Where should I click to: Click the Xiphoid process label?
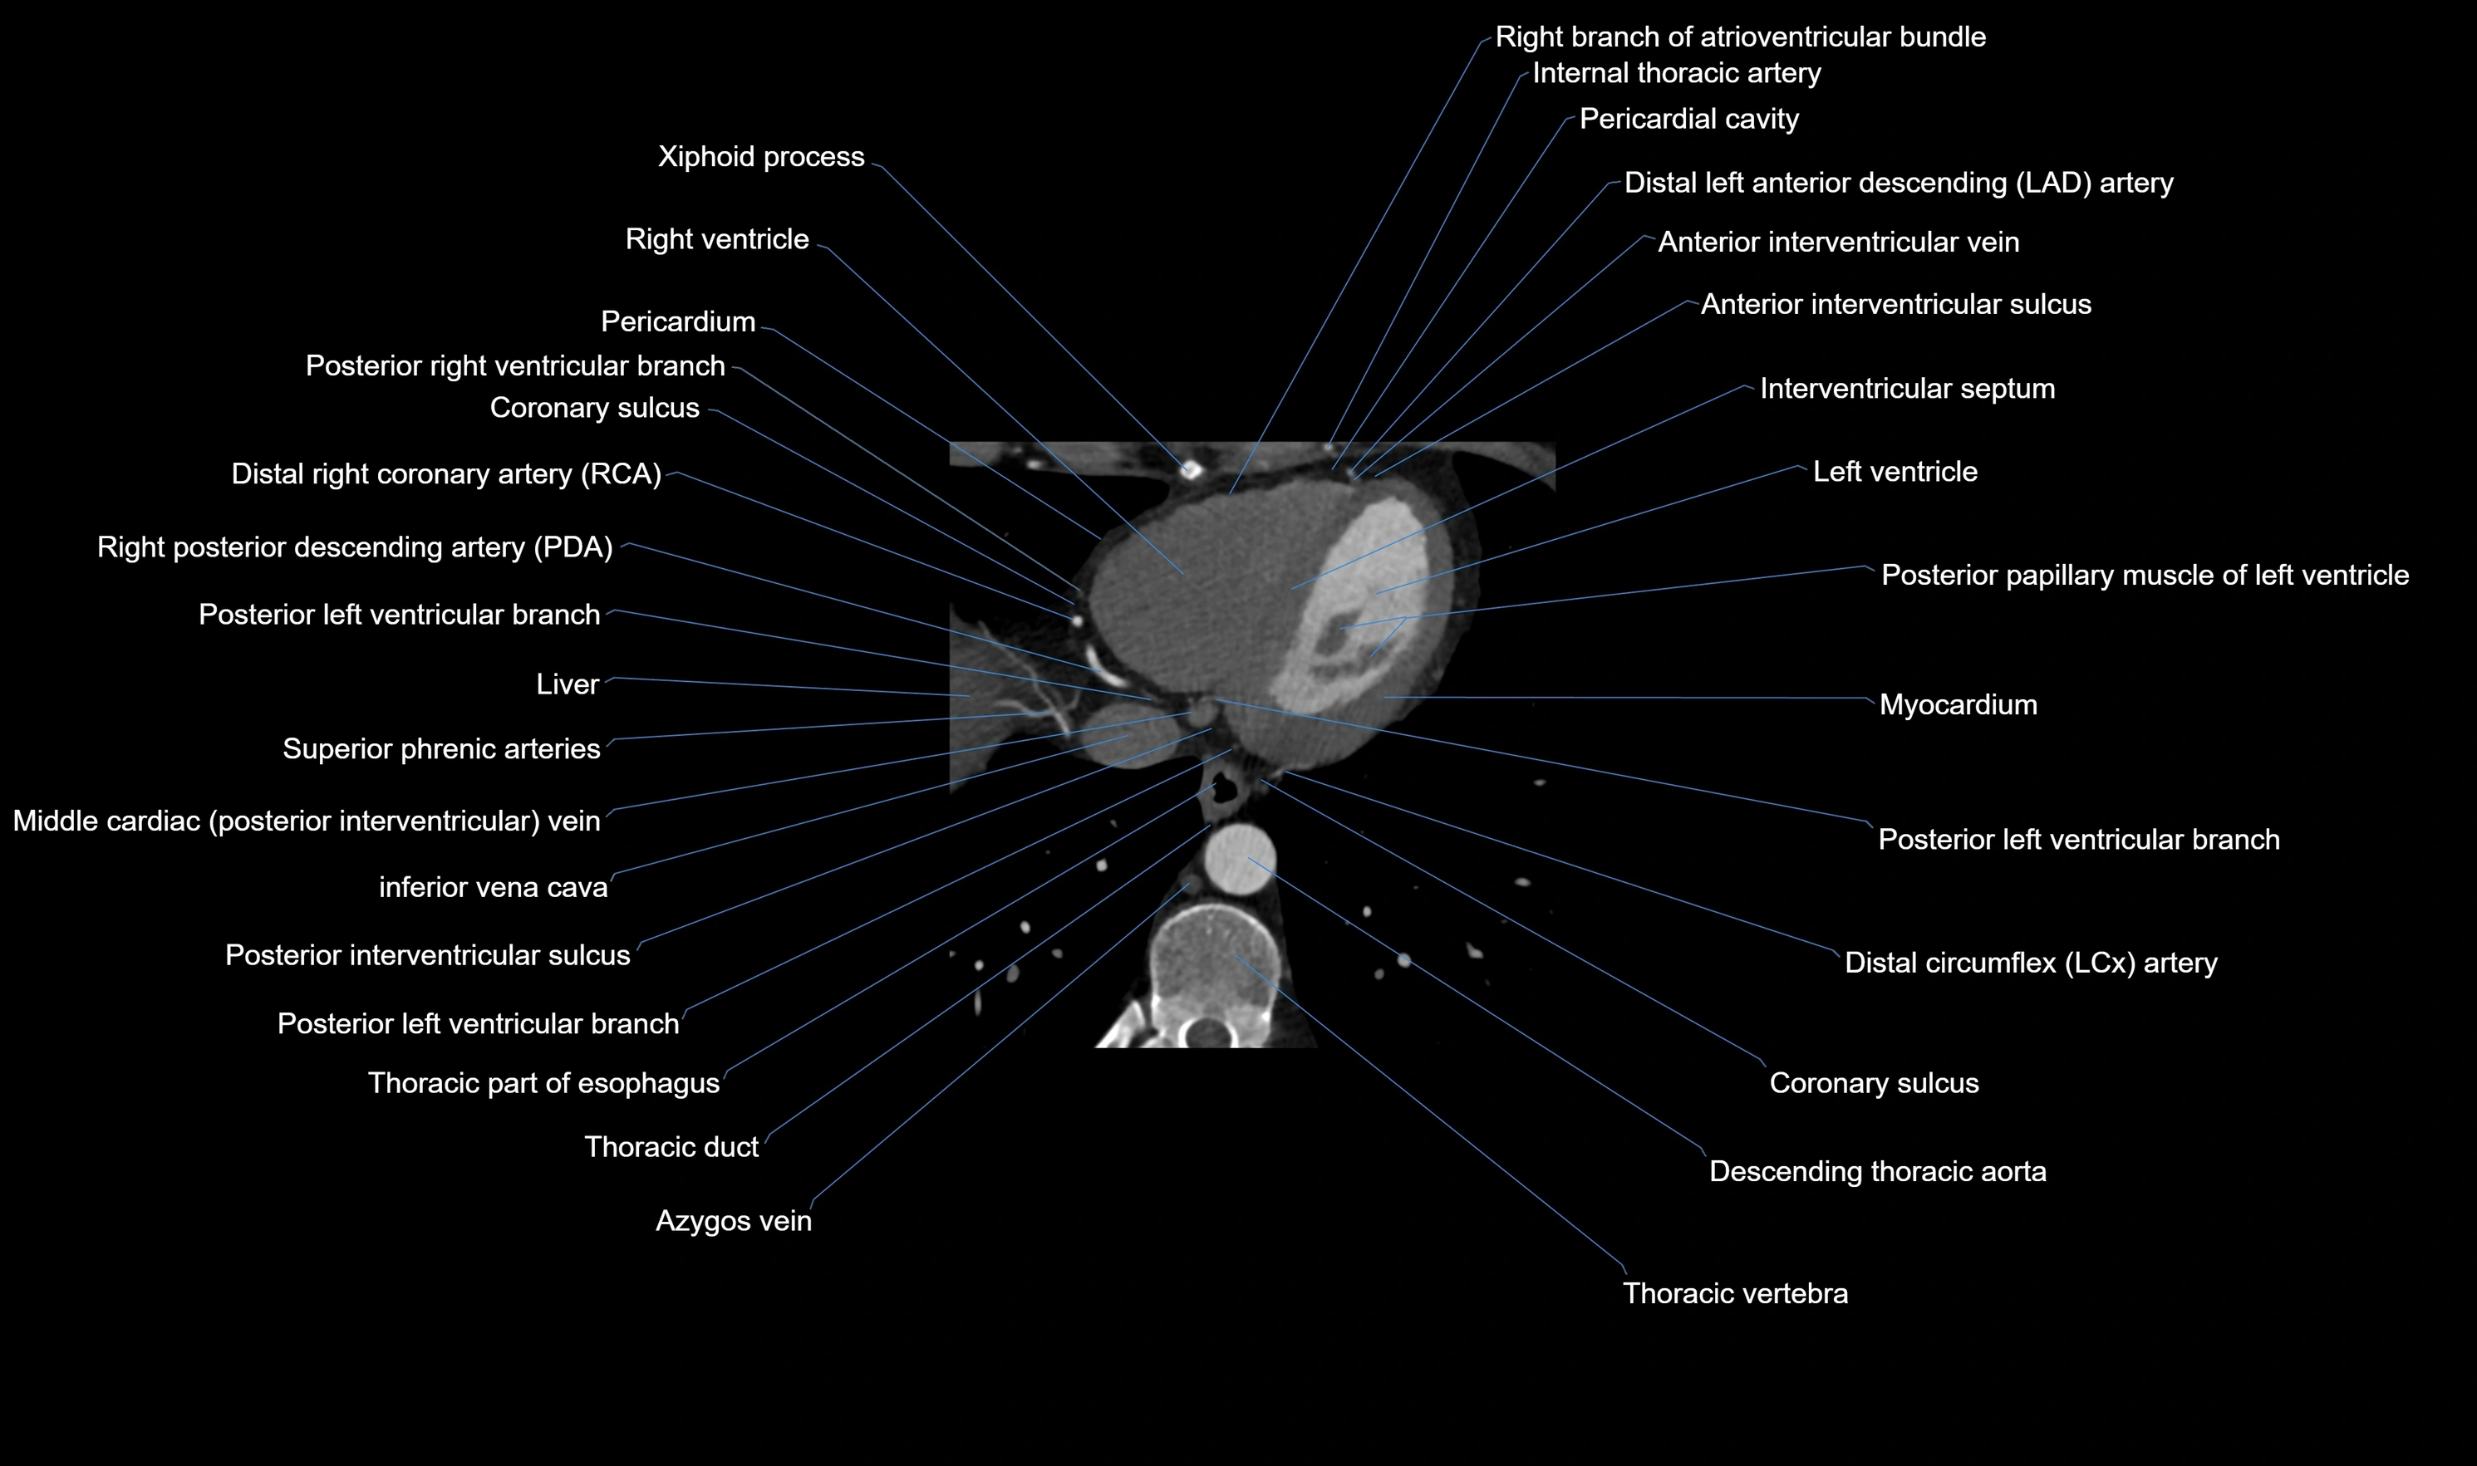[761, 157]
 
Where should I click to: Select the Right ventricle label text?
[716, 240]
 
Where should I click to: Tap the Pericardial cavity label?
[1688, 120]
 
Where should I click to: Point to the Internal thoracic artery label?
[1676, 74]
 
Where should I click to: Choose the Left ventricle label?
[1894, 473]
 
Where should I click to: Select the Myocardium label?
[1958, 705]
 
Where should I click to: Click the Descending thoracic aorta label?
[1877, 1173]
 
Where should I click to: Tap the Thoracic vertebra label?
[1735, 1294]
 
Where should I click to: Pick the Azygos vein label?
[733, 1222]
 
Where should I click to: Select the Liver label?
[568, 684]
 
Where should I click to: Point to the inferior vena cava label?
[493, 888]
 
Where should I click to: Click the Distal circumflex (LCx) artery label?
[2031, 963]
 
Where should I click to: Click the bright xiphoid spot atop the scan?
[1192, 470]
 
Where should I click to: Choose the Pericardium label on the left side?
[678, 322]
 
